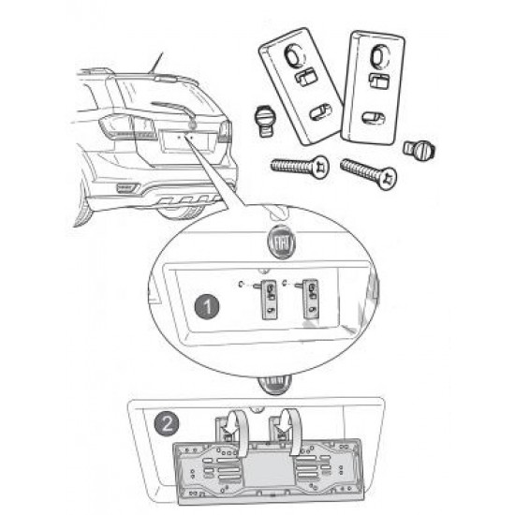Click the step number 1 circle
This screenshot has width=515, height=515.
(207, 306)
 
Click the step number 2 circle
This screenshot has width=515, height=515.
(167, 423)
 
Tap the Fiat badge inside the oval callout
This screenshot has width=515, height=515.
(282, 243)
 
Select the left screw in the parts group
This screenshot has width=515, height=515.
(300, 166)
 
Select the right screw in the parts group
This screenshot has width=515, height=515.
(369, 172)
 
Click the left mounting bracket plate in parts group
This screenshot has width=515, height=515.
(302, 86)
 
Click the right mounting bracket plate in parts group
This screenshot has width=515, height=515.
(372, 88)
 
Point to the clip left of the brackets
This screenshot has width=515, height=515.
(264, 121)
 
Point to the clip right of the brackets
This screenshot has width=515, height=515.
(419, 149)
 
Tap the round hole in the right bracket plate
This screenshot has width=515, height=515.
(379, 57)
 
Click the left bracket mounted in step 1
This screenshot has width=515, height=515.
(270, 300)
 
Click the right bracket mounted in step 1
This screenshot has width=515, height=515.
(310, 299)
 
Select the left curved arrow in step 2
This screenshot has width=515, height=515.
(242, 431)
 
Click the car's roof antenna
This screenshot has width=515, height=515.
(155, 64)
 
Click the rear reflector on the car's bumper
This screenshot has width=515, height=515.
(127, 187)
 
